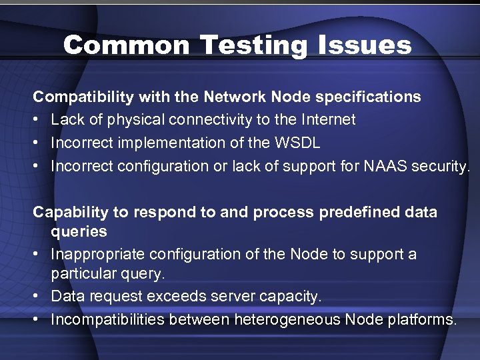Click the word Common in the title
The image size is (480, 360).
tap(127, 45)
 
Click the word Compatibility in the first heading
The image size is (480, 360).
tap(84, 97)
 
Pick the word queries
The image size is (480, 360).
tap(79, 231)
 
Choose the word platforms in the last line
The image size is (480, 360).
tap(421, 319)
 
